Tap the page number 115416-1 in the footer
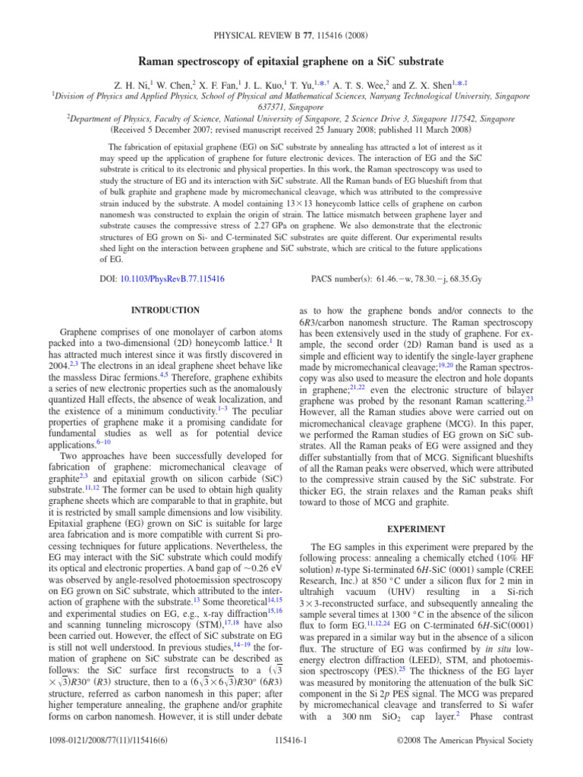(x=291, y=760)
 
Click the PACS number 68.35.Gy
(x=481, y=280)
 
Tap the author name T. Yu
(x=314, y=86)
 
